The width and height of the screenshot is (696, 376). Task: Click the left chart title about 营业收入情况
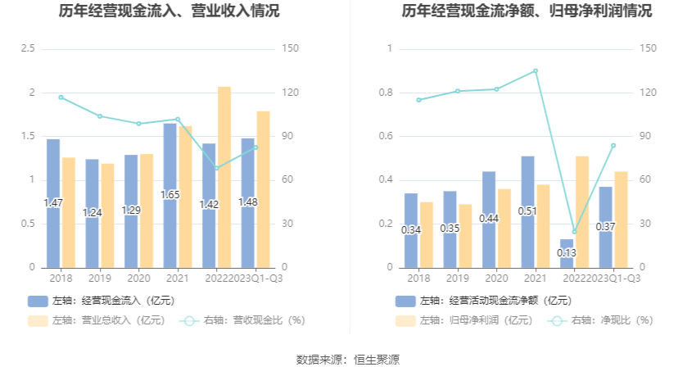169,11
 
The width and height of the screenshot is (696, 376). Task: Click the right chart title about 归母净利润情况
527,11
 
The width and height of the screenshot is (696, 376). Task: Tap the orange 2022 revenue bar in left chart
224,176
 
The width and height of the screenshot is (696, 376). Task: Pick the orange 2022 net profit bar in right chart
582,211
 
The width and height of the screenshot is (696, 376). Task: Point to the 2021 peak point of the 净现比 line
536,70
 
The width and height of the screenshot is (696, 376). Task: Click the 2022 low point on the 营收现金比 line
216,168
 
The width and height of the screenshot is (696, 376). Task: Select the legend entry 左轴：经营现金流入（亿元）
102,301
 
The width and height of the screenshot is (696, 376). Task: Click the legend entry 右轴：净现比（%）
603,320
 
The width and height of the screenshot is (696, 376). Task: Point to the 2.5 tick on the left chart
28,49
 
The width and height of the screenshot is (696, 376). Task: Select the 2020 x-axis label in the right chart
496,279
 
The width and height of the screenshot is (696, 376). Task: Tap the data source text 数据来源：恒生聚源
348,360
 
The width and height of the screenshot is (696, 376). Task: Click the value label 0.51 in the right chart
528,211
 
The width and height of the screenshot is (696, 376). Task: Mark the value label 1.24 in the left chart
93,212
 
